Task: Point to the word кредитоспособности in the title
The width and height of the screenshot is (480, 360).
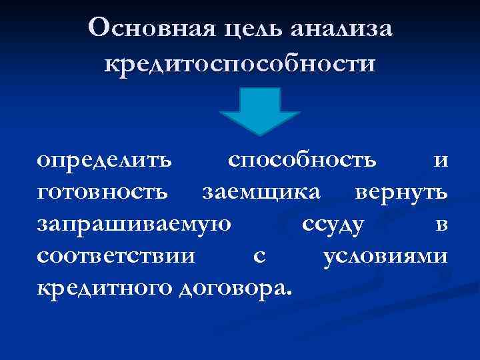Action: pyautogui.click(x=240, y=65)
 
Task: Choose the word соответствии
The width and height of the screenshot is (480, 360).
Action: pyautogui.click(x=117, y=257)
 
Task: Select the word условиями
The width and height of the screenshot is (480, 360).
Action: pyautogui.click(x=385, y=257)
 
